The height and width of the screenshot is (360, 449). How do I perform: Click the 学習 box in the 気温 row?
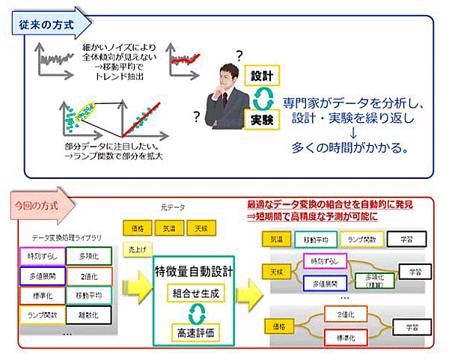coord(409,239)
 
